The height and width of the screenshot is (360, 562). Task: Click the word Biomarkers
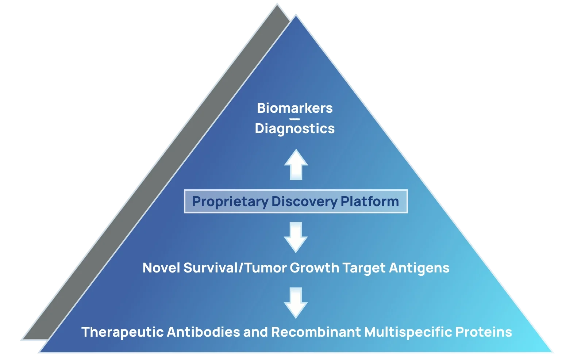pyautogui.click(x=295, y=108)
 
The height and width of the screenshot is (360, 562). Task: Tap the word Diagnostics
pyautogui.click(x=295, y=128)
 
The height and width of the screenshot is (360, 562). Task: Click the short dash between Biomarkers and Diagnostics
pyautogui.click(x=295, y=119)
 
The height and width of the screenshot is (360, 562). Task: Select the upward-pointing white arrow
pyautogui.click(x=296, y=165)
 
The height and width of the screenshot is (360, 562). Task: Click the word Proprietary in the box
pyautogui.click(x=230, y=201)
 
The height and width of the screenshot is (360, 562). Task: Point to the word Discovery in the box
pyautogui.click(x=304, y=201)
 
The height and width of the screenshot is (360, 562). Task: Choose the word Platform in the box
pyautogui.click(x=370, y=201)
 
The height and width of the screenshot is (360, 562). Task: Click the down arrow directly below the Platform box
pyautogui.click(x=296, y=237)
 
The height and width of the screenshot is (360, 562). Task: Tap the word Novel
pyautogui.click(x=161, y=268)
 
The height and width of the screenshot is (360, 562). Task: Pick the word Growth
pyautogui.click(x=315, y=268)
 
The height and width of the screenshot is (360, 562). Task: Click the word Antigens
pyautogui.click(x=419, y=268)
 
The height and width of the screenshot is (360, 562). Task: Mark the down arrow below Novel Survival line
pyautogui.click(x=296, y=303)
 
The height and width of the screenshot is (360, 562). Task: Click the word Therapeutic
pyautogui.click(x=122, y=332)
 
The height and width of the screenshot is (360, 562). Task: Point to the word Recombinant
pyautogui.click(x=316, y=332)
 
